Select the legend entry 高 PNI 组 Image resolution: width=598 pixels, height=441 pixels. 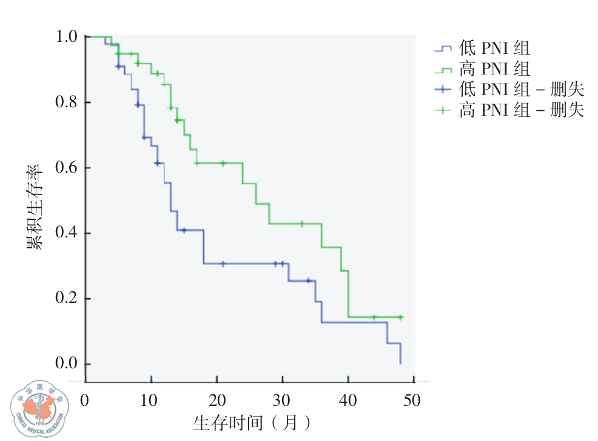click(495, 68)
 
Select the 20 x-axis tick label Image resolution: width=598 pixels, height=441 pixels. click(217, 401)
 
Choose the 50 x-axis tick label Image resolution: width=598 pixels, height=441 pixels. click(412, 401)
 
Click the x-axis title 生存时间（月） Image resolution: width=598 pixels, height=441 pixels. click(254, 423)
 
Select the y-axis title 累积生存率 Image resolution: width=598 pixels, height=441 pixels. click(33, 206)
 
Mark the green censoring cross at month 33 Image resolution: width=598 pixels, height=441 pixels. click(301, 224)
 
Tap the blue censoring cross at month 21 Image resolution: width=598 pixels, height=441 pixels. click(223, 264)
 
